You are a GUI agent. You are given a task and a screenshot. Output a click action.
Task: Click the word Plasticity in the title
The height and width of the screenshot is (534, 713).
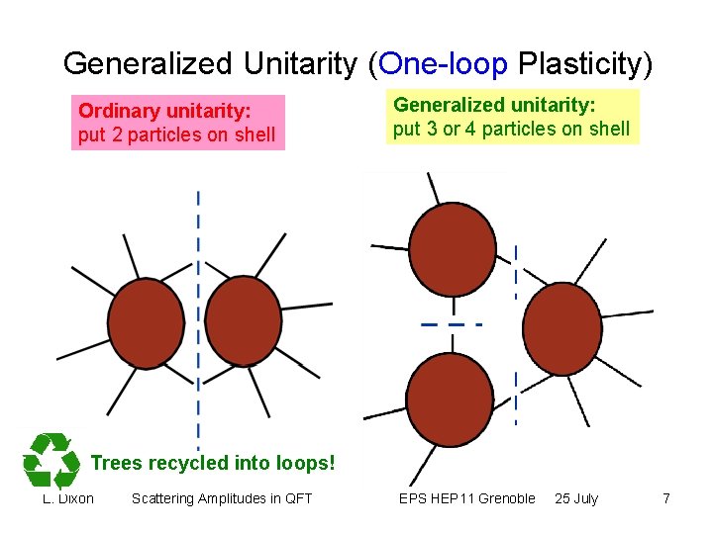pyautogui.click(x=585, y=64)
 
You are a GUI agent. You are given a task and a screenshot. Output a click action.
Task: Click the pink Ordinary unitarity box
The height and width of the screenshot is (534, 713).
pyautogui.click(x=177, y=122)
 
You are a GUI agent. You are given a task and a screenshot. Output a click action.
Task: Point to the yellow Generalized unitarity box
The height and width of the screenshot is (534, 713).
pyautogui.click(x=511, y=117)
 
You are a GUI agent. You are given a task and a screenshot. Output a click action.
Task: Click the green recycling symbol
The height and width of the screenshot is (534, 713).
pyautogui.click(x=51, y=460)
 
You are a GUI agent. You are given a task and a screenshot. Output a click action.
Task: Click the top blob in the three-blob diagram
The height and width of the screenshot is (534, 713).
pyautogui.click(x=453, y=249)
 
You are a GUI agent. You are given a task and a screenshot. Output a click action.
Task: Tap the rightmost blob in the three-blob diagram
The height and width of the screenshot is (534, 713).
pyautogui.click(x=561, y=328)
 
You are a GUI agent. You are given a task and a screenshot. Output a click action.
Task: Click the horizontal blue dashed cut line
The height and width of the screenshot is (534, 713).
pyautogui.click(x=450, y=324)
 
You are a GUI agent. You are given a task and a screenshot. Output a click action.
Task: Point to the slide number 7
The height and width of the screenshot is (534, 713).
pyautogui.click(x=666, y=498)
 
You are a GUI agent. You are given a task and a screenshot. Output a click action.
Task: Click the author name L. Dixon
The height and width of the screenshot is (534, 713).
pyautogui.click(x=68, y=498)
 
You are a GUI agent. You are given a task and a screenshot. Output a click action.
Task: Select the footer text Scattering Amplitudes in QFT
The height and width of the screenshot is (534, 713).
pyautogui.click(x=222, y=498)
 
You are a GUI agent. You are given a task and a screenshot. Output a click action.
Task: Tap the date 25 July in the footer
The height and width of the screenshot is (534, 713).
pyautogui.click(x=576, y=498)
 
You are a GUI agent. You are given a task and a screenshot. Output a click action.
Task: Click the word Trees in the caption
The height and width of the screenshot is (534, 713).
pyautogui.click(x=117, y=462)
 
